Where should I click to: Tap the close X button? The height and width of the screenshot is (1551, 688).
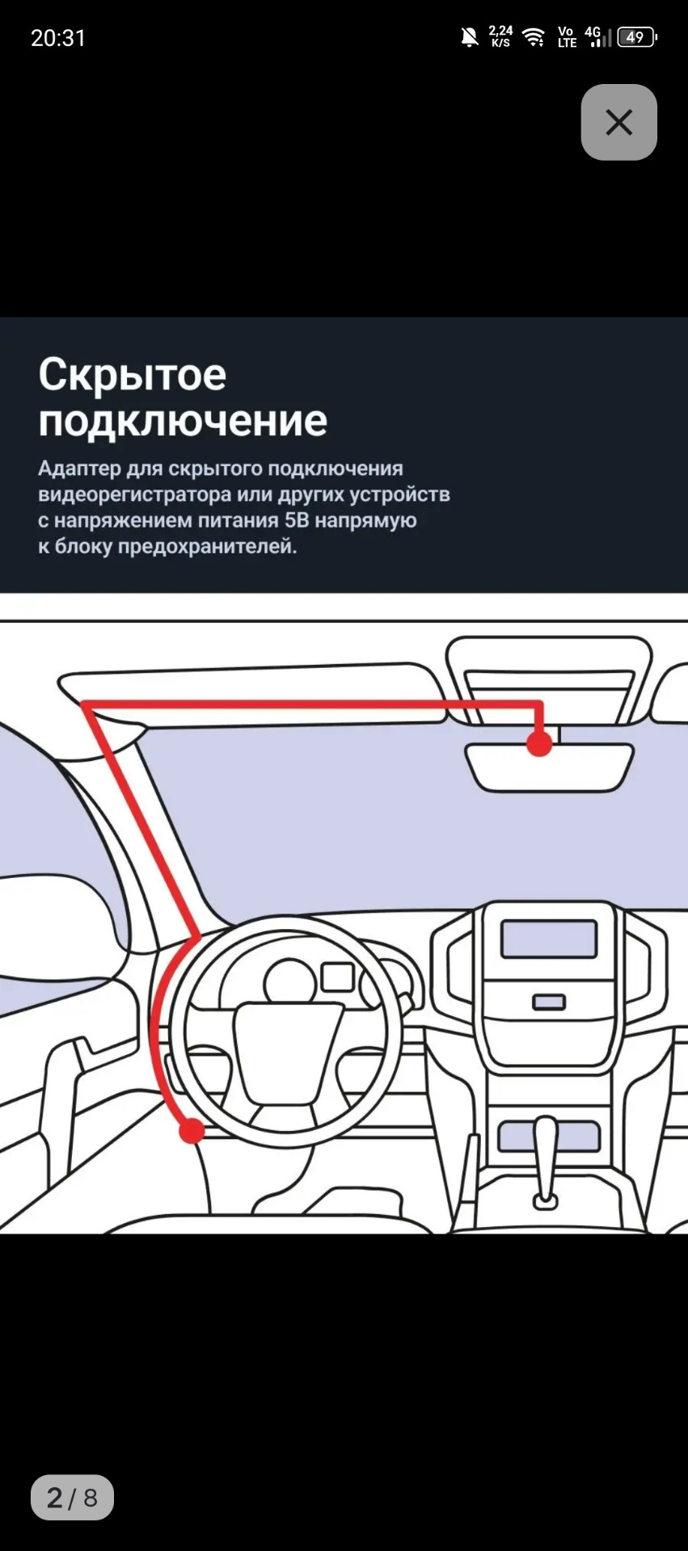coord(618,123)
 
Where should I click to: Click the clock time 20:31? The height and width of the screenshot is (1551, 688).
coord(58,38)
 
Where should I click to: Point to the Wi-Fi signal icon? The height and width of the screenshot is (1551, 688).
coord(534,37)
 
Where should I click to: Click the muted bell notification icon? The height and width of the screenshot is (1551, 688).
coord(469,37)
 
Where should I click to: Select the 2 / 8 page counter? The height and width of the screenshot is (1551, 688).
coord(72,1498)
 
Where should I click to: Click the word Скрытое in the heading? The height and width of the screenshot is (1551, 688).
coord(133,375)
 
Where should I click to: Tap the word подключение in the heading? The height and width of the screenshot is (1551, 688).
coord(183,421)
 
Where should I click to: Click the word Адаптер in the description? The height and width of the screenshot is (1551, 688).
coord(78,469)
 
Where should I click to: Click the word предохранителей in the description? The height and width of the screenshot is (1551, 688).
coord(207,547)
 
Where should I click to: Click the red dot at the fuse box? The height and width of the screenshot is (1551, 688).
coord(192,1130)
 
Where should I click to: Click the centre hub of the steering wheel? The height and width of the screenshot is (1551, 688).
coord(288,1050)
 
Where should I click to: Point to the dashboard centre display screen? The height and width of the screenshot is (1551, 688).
coord(549,939)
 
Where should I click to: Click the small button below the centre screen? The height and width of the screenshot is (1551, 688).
coord(549,1002)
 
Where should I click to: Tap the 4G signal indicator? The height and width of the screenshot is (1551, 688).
coord(597,37)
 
